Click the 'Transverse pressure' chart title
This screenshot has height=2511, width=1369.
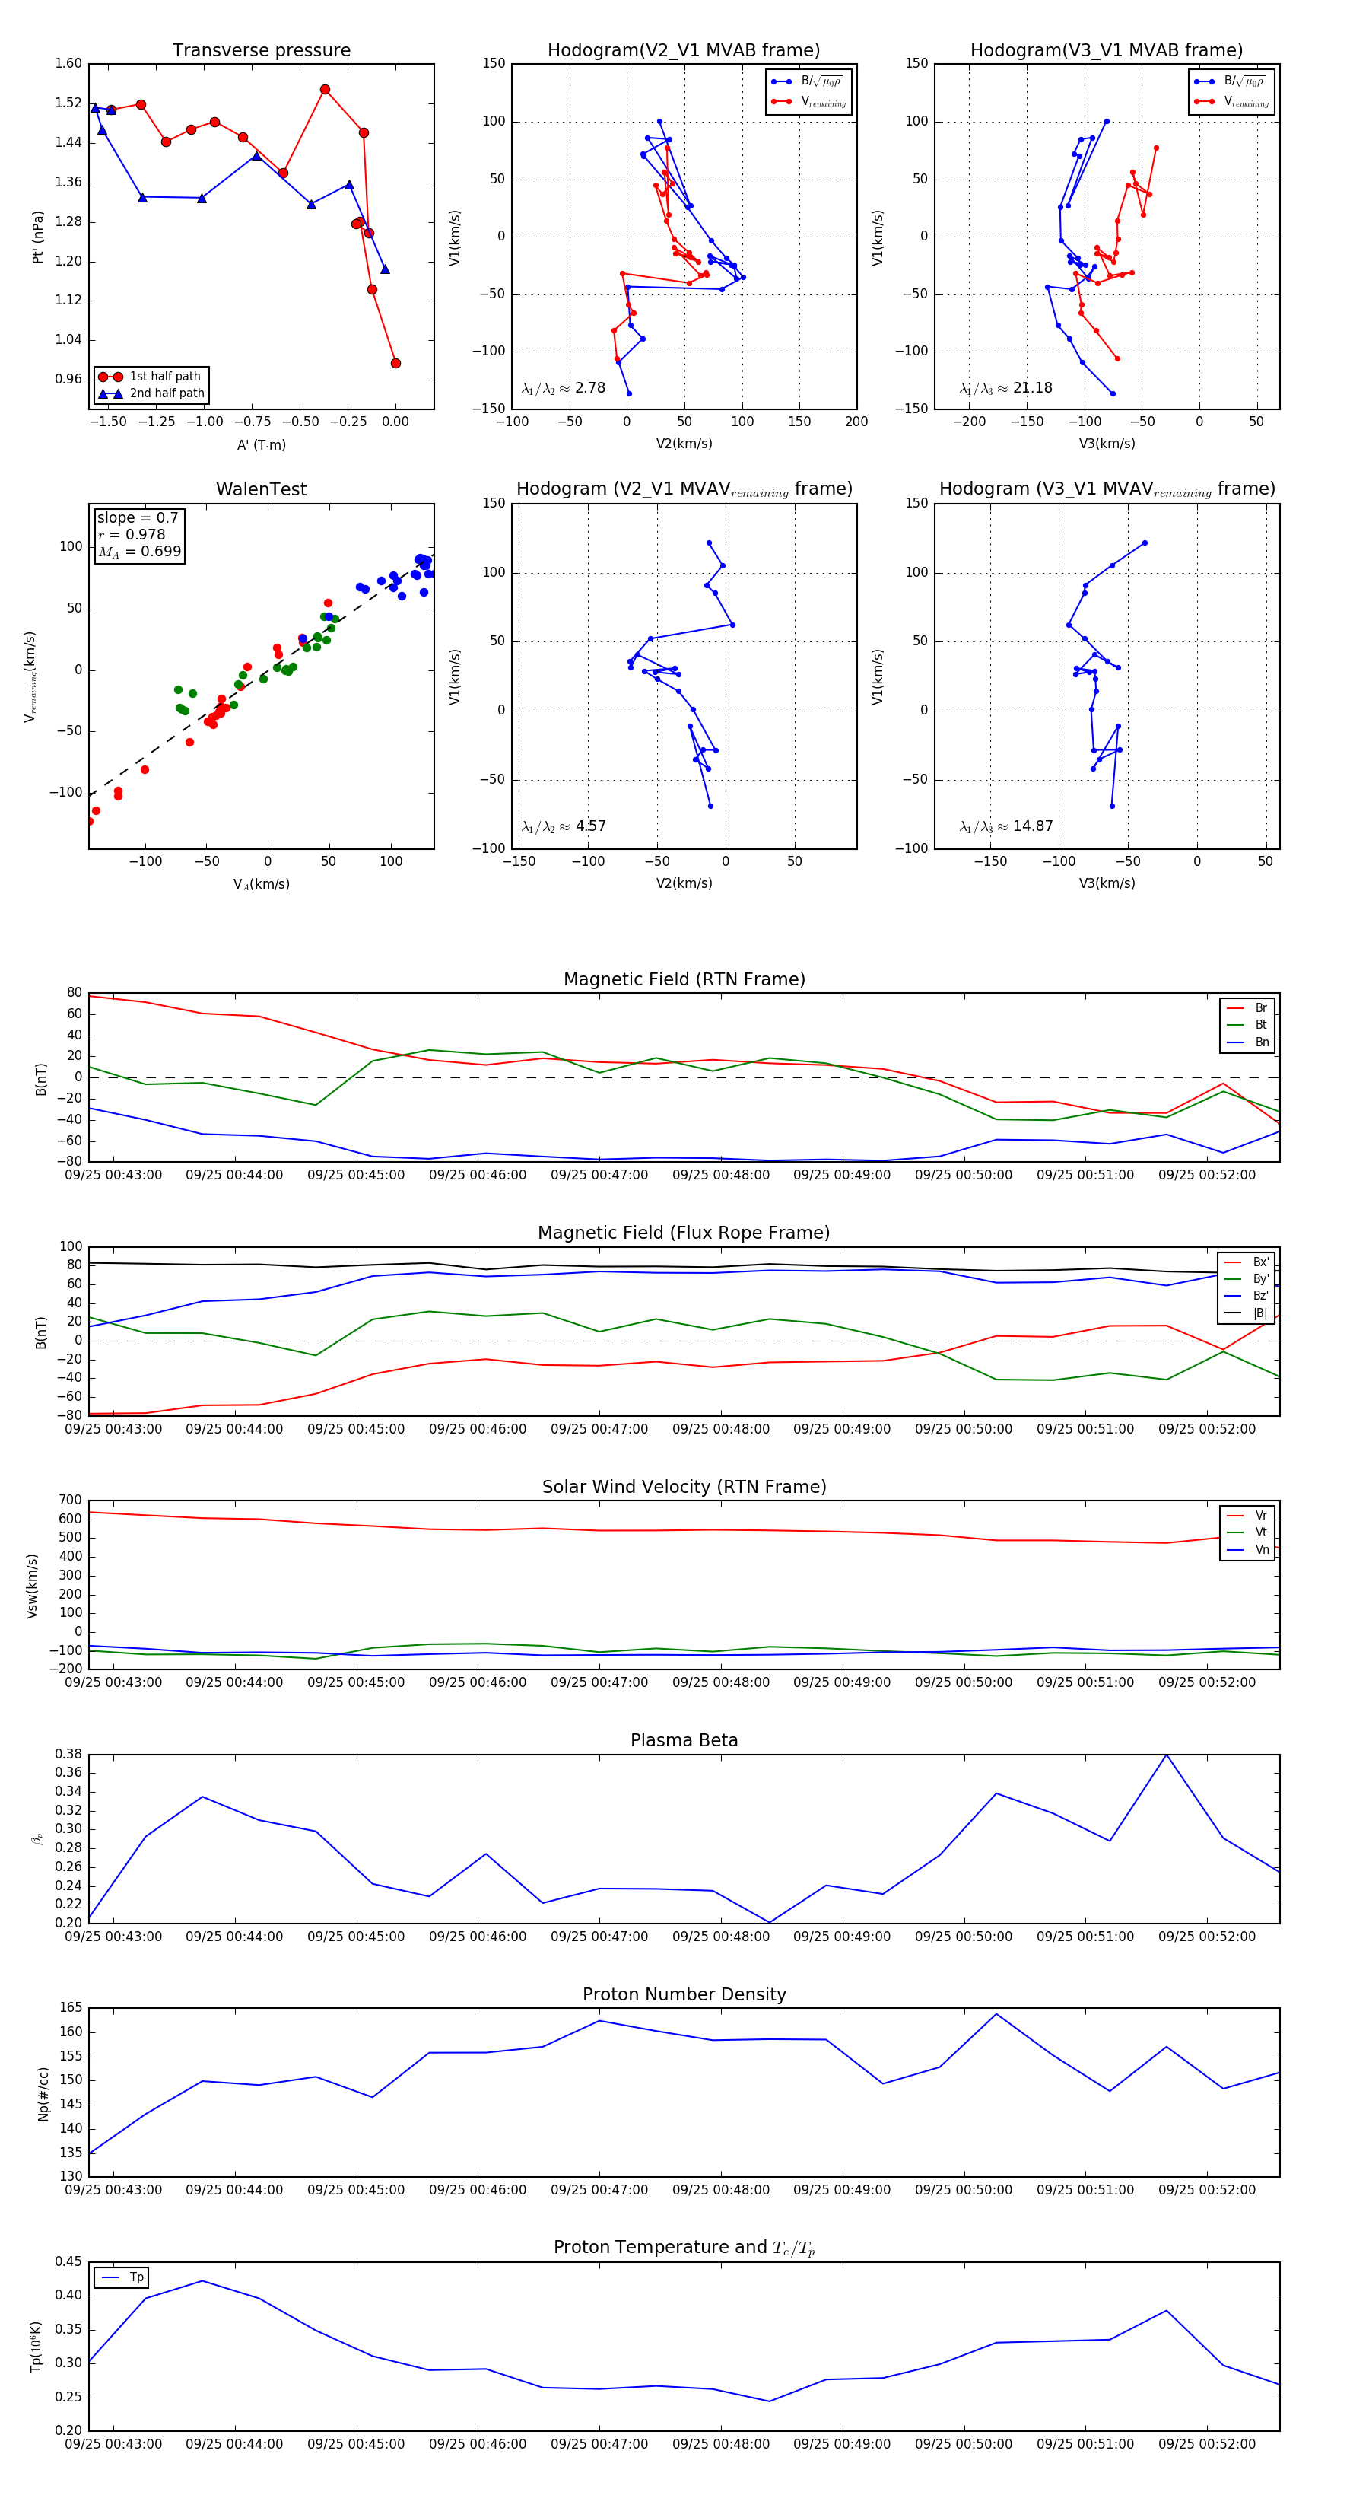coord(261,51)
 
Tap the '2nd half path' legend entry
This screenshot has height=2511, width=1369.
coord(167,394)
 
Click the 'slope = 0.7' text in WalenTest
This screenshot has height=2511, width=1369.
coord(138,517)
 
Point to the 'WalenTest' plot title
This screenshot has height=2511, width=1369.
coord(261,489)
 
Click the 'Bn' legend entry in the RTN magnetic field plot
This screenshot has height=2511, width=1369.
coord(1261,1042)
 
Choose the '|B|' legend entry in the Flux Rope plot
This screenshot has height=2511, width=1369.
coord(1260,1313)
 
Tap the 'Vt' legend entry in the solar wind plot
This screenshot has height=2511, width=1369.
coord(1261,1532)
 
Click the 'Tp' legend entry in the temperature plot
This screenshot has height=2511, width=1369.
coord(136,2277)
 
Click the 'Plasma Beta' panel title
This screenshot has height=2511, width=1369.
coord(684,1740)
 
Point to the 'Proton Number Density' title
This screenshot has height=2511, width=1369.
coord(684,1994)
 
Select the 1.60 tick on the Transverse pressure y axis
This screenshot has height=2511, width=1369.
coord(68,63)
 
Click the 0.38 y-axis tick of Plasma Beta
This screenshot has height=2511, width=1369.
coord(68,1754)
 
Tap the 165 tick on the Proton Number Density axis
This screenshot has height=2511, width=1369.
coord(71,2008)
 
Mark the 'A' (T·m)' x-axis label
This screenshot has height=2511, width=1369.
coord(261,444)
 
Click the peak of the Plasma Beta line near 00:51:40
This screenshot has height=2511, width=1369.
coord(1167,1755)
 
